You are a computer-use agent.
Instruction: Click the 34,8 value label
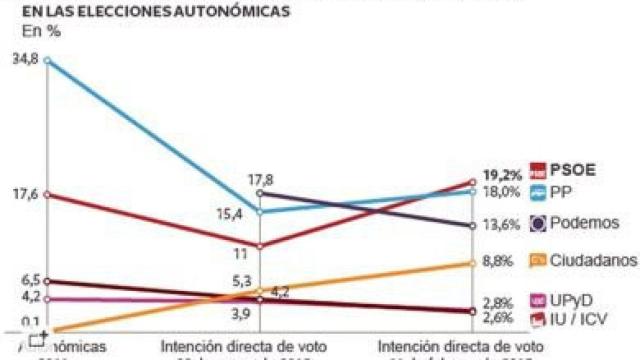[21, 60]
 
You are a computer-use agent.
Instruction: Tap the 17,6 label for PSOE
[21, 194]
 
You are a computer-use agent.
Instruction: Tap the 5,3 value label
[241, 282]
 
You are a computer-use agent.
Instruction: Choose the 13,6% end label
[502, 224]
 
